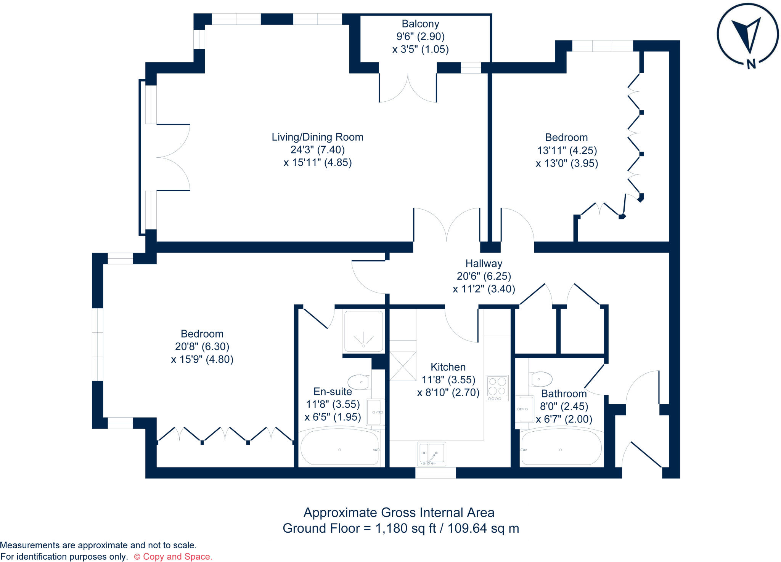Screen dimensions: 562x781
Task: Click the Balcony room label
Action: (x=420, y=24)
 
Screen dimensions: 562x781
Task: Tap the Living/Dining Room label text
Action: (x=317, y=137)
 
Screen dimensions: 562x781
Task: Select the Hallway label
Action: (x=484, y=263)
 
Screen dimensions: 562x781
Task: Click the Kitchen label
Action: (x=448, y=367)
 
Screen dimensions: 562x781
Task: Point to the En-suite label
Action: (x=333, y=391)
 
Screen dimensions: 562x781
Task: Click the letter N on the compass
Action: (x=751, y=64)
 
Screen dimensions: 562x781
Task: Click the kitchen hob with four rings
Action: (x=497, y=388)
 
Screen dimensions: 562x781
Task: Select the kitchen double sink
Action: (x=432, y=453)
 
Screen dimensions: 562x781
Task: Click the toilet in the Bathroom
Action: (x=541, y=379)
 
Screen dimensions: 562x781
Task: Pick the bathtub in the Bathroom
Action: (x=561, y=448)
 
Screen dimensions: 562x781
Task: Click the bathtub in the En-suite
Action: (x=339, y=448)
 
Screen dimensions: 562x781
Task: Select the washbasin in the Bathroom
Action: (x=526, y=409)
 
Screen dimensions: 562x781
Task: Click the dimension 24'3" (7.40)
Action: (x=317, y=150)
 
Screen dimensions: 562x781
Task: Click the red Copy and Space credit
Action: (x=173, y=557)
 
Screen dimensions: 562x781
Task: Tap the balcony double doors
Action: (x=408, y=88)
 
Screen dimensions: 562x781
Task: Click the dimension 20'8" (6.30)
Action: (x=202, y=346)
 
